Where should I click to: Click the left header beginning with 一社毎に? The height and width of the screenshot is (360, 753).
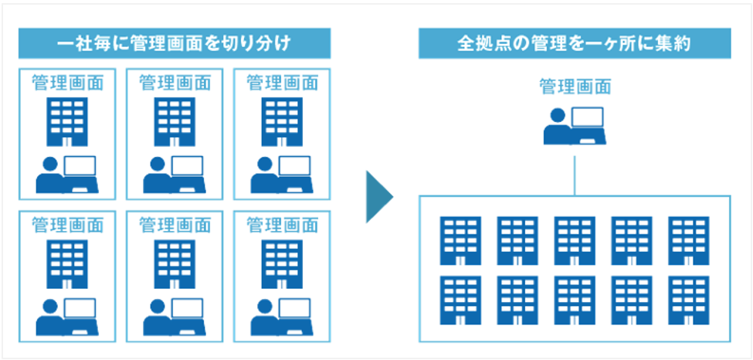pyautogui.click(x=175, y=43)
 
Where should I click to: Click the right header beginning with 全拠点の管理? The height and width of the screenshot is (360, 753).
pyautogui.click(x=573, y=43)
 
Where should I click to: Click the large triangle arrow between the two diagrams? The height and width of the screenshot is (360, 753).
pyautogui.click(x=378, y=197)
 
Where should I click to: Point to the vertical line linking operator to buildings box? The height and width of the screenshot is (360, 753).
pyautogui.click(x=575, y=172)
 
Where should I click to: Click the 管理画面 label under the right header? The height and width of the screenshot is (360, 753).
pyautogui.click(x=575, y=86)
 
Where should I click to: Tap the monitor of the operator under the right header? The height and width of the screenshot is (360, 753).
pyautogui.click(x=588, y=118)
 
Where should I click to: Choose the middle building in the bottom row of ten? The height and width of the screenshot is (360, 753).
pyautogui.click(x=575, y=301)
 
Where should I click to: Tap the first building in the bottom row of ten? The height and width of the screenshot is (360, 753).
pyautogui.click(x=460, y=301)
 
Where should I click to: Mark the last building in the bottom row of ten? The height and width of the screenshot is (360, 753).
pyautogui.click(x=689, y=301)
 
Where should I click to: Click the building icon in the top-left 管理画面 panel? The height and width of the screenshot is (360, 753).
pyautogui.click(x=67, y=121)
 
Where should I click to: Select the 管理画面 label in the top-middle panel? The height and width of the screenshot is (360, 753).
pyautogui.click(x=175, y=83)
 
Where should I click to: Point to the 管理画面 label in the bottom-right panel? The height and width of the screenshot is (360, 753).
pyautogui.click(x=282, y=225)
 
